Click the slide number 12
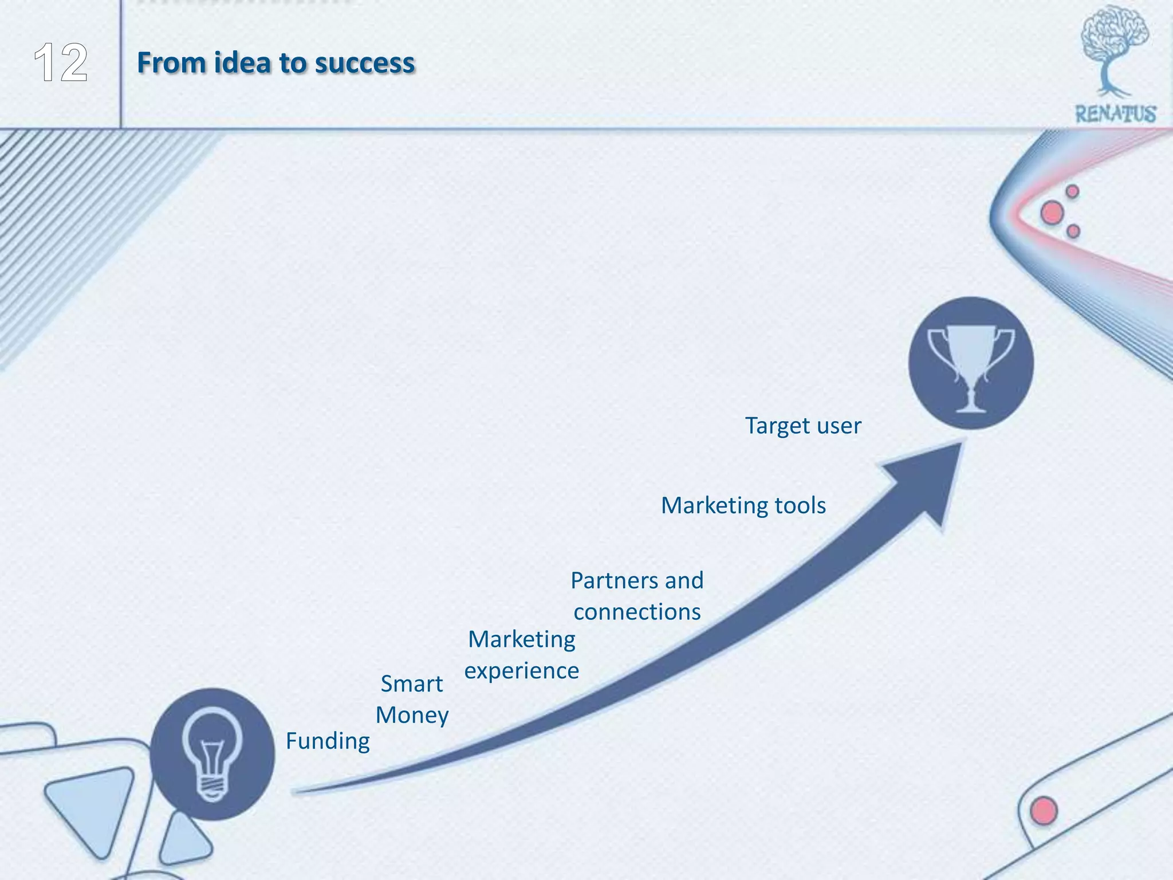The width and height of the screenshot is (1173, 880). point(61,63)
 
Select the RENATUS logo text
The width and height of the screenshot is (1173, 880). point(1115,114)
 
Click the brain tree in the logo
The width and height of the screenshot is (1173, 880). point(1113,46)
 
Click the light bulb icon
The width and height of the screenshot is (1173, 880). point(212,753)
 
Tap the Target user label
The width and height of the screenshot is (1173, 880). point(802,426)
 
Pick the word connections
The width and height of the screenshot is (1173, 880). point(637,612)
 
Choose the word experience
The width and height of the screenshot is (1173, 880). point(521,671)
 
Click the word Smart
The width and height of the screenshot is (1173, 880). point(411,684)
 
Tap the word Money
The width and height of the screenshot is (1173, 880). point(412,716)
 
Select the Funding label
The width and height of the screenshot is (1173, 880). point(328,741)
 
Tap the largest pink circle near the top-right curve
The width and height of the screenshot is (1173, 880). point(1052,213)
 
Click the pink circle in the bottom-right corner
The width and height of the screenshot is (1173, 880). point(1044,810)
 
